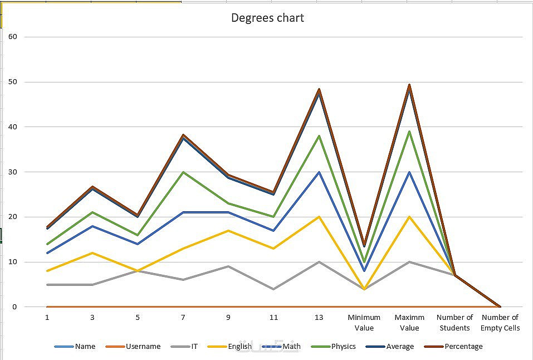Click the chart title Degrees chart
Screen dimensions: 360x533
[267, 18]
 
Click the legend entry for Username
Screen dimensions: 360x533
[143, 347]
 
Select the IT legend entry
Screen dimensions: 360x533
[194, 347]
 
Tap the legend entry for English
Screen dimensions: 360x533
[239, 347]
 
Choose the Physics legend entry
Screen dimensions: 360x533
[343, 347]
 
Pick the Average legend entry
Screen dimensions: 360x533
[400, 347]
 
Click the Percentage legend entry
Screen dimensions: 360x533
[463, 347]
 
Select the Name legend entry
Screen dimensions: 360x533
[85, 347]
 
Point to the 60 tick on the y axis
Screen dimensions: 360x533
[13, 37]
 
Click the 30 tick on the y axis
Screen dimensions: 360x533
[13, 172]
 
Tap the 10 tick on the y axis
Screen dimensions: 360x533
[13, 262]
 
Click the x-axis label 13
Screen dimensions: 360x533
[319, 318]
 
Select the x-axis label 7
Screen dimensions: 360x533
[183, 318]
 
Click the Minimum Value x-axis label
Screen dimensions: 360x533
[364, 323]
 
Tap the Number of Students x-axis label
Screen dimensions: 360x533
[454, 323]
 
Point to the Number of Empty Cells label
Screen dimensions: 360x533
[500, 323]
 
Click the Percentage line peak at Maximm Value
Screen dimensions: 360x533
[409, 85]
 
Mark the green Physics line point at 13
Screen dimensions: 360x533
[319, 136]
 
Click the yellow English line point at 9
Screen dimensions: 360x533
[228, 230]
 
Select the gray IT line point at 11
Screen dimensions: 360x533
[273, 289]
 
